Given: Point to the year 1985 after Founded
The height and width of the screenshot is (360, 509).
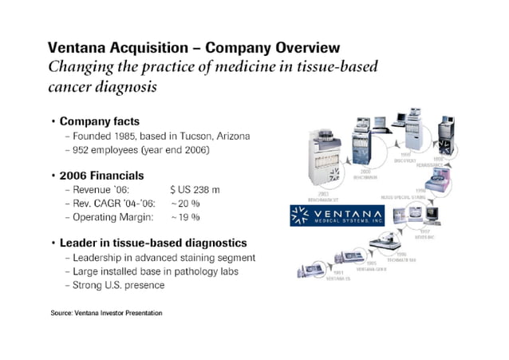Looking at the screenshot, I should click(x=124, y=136).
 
